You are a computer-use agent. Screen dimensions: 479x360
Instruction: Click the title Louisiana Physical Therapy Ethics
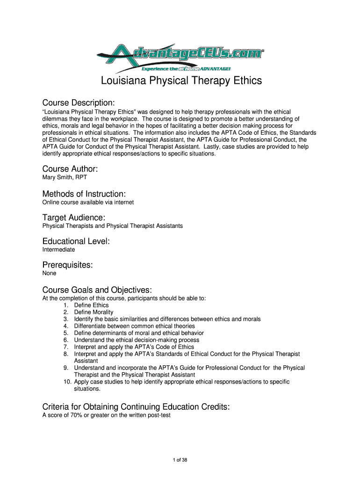[181, 81]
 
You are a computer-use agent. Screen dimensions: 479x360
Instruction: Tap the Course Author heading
[70, 169]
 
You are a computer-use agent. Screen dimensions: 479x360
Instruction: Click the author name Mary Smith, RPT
[65, 178]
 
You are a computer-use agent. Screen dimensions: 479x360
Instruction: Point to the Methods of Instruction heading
[84, 194]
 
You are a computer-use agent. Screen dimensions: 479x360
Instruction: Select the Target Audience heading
[73, 218]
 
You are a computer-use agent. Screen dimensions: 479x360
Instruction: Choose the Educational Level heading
[76, 241]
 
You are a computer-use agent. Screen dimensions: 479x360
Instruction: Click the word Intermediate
[58, 250]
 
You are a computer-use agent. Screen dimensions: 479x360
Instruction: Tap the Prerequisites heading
[67, 265]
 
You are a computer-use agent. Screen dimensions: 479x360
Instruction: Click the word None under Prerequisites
[49, 273]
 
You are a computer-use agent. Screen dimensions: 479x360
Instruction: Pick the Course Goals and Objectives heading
[97, 290]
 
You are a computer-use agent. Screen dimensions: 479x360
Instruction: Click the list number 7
[66, 347]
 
